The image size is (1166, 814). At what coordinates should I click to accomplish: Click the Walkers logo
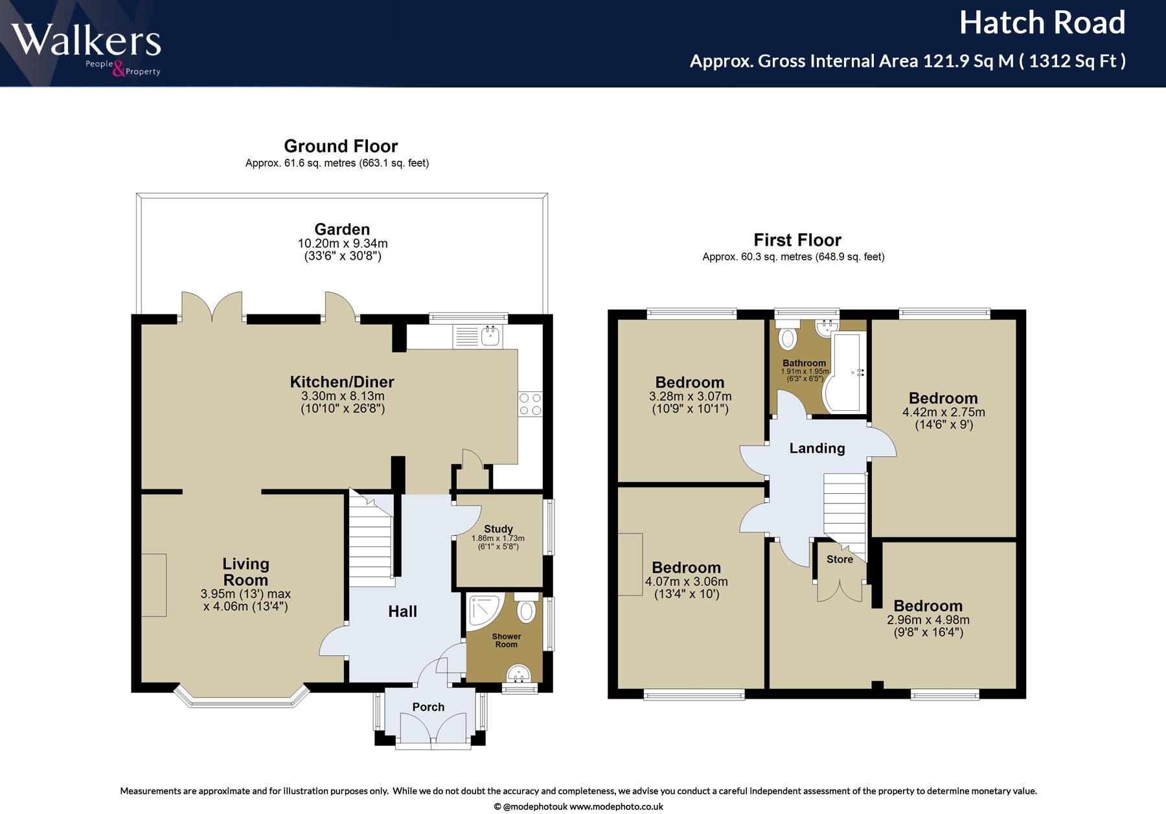[86, 49]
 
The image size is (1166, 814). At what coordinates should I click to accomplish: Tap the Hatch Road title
[1042, 23]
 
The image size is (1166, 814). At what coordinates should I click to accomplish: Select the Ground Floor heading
[341, 146]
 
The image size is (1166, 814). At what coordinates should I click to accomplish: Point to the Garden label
[342, 229]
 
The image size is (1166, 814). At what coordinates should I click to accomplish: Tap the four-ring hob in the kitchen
[531, 404]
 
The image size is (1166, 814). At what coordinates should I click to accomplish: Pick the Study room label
[498, 529]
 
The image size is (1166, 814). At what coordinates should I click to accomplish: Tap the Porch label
[428, 707]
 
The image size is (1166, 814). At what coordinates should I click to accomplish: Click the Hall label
[402, 611]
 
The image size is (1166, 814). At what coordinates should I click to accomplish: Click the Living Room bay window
[242, 697]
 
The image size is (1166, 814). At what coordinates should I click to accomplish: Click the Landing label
[817, 448]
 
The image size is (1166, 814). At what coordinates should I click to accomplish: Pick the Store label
[840, 559]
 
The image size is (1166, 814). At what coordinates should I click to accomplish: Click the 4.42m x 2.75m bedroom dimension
[943, 412]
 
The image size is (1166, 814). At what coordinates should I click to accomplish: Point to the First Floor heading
[797, 240]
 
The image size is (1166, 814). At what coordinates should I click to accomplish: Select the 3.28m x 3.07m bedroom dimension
[690, 397]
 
